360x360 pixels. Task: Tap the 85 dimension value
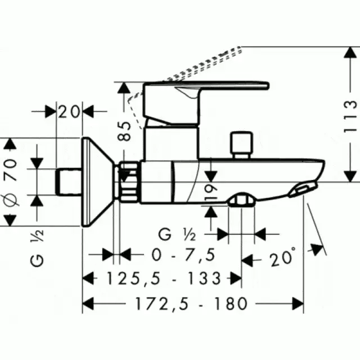point(124,131)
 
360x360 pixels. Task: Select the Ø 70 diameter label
point(11,182)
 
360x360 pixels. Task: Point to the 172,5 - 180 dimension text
point(191,304)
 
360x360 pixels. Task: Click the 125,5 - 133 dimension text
point(164,278)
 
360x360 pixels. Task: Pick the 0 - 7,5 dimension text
point(183,255)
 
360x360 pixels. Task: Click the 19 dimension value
point(211,192)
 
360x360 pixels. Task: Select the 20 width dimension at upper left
point(69,112)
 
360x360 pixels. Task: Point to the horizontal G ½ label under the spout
point(177,234)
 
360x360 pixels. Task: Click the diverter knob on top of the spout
point(241,145)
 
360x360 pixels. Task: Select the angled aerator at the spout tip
point(303,189)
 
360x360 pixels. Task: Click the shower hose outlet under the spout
point(241,199)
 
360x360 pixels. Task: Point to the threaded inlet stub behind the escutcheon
point(69,182)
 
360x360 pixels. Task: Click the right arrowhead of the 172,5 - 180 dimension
point(298,304)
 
